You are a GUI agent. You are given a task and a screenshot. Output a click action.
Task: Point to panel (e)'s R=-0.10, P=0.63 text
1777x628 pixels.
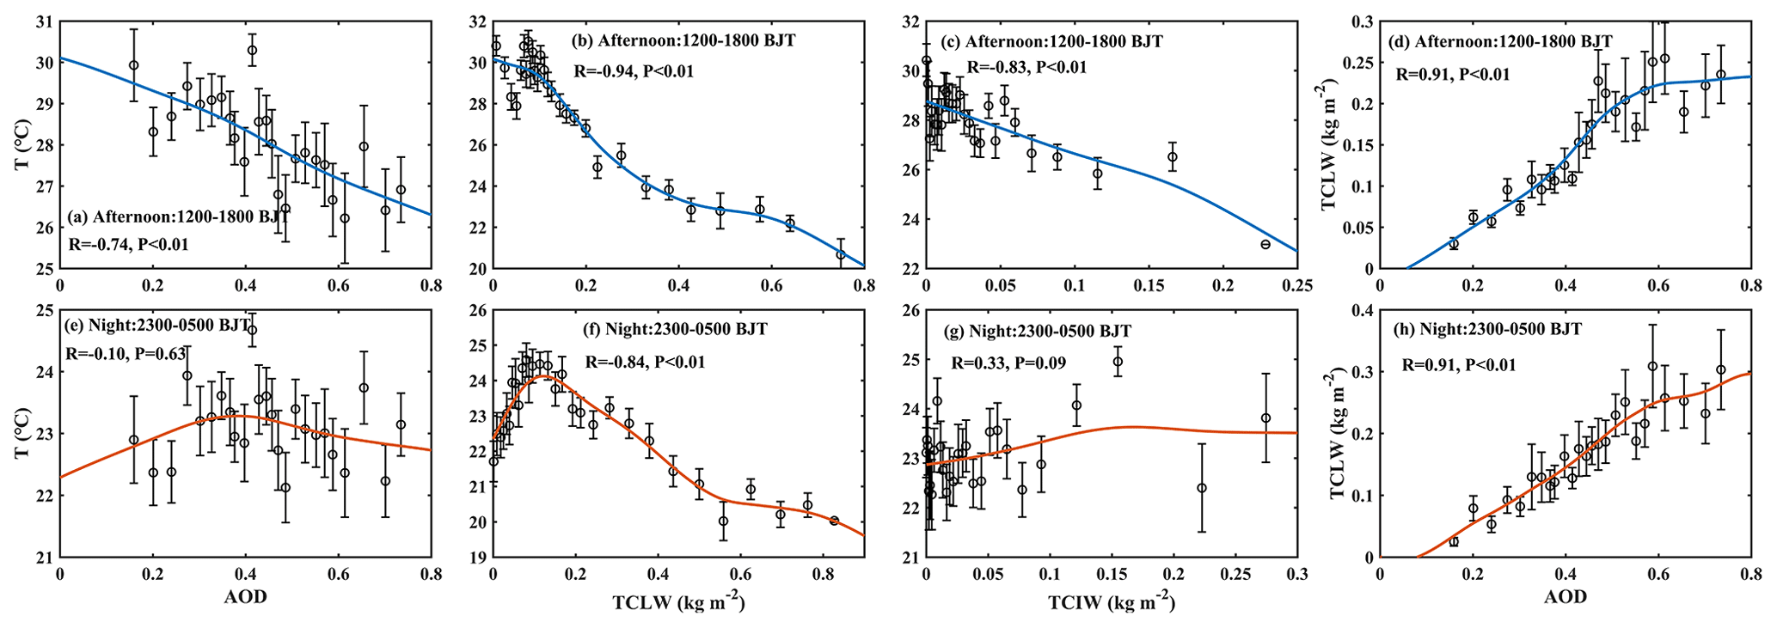click(126, 353)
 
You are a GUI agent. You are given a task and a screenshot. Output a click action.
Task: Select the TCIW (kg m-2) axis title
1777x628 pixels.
click(1111, 603)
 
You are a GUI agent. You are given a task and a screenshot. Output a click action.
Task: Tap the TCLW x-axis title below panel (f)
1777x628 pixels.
click(678, 603)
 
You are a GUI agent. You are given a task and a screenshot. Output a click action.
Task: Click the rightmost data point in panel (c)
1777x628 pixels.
click(1265, 244)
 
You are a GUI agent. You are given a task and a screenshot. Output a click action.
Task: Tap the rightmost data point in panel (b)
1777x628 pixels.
click(841, 254)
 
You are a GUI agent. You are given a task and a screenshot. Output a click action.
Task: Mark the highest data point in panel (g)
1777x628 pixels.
click(1118, 362)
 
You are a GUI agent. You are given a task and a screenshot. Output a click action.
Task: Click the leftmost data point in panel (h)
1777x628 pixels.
click(1454, 541)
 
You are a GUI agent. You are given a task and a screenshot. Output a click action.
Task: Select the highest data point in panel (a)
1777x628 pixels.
click(252, 50)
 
